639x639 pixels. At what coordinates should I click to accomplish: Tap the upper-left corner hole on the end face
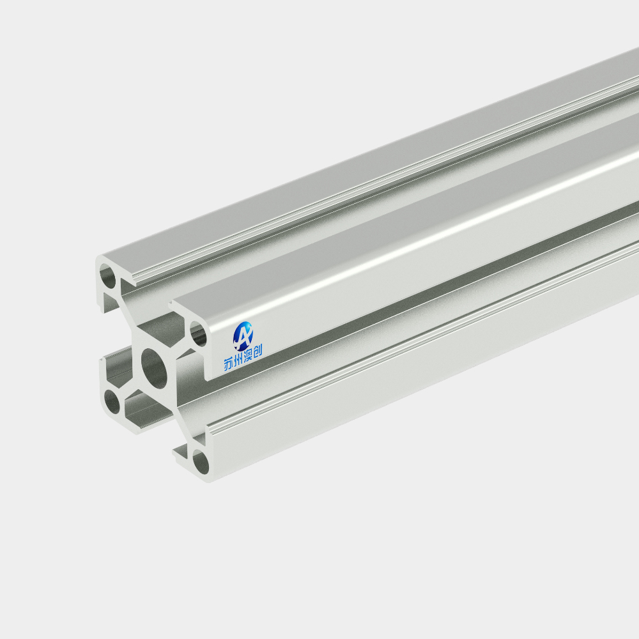click(x=108, y=276)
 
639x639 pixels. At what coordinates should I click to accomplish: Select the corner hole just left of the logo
click(x=199, y=334)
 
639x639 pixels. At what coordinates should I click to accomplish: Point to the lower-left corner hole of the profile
click(x=112, y=401)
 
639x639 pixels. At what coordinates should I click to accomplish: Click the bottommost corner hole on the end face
click(x=201, y=463)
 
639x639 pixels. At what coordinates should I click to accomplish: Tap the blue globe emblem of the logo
click(x=243, y=336)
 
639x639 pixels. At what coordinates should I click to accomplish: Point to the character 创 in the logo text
click(x=257, y=350)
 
